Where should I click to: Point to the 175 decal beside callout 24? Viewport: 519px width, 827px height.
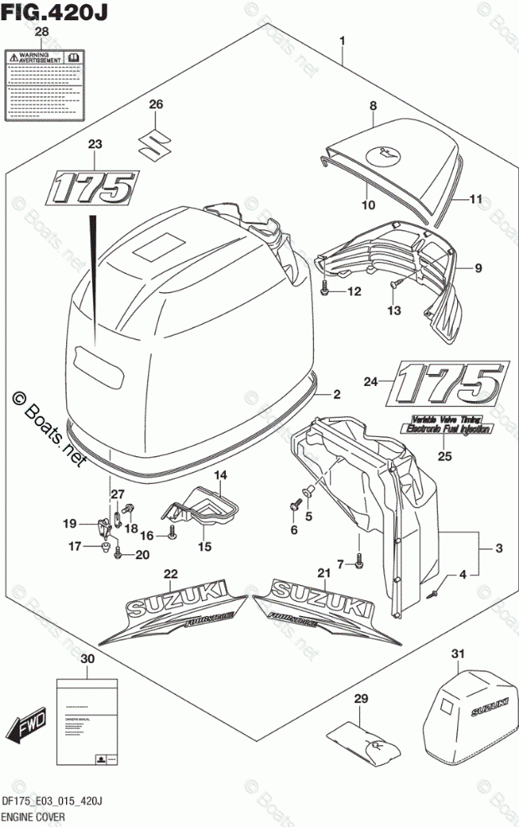point(448,384)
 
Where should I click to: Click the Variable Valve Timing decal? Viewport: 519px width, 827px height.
point(445,425)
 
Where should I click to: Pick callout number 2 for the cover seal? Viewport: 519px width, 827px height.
point(335,394)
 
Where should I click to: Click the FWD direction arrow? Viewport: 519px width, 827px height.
point(26,724)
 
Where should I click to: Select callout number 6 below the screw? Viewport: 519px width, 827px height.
point(294,530)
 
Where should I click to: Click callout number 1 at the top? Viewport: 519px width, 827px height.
point(342,41)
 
